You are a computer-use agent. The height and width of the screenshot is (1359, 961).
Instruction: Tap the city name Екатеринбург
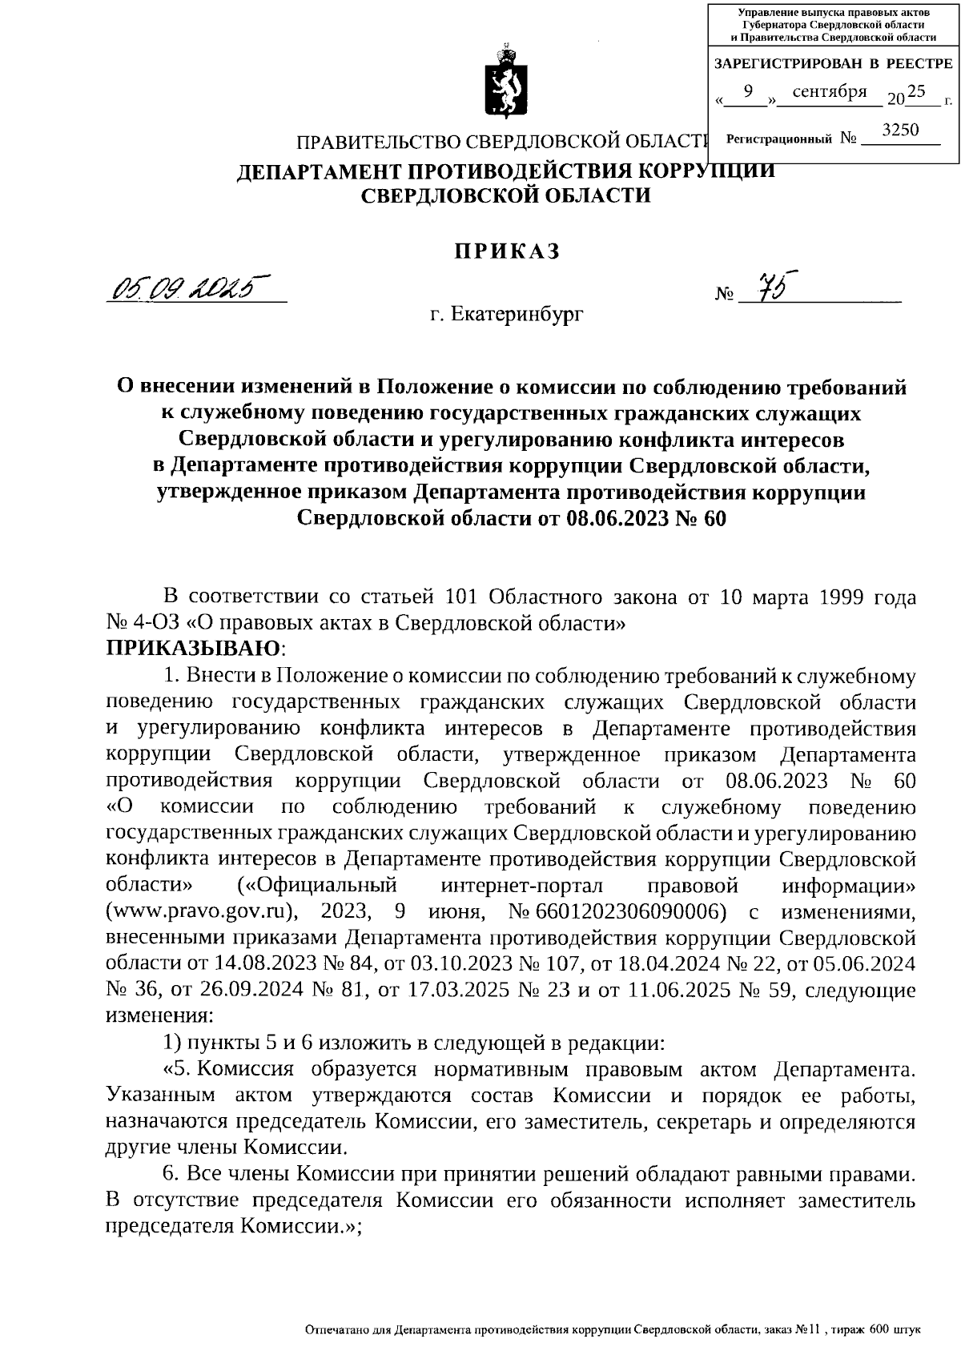click(x=518, y=315)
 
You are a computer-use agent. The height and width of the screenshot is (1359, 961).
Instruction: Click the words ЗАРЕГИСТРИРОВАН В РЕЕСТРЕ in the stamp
click(x=833, y=63)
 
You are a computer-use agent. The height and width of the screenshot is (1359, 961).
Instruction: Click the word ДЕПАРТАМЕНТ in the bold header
click(x=321, y=171)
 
